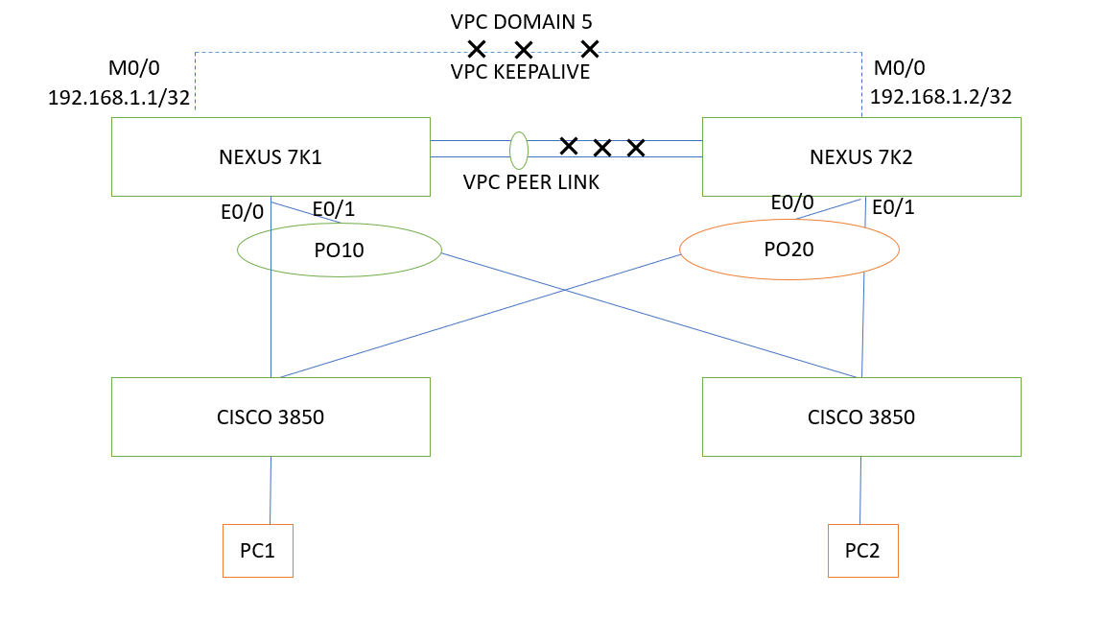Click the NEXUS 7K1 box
pyautogui.click(x=271, y=156)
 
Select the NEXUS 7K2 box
pyautogui.click(x=861, y=156)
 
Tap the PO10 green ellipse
pyautogui.click(x=340, y=250)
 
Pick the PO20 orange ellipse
pyautogui.click(x=788, y=250)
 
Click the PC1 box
pyautogui.click(x=257, y=551)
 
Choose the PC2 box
pyautogui.click(x=863, y=551)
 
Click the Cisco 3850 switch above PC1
pyautogui.click(x=271, y=417)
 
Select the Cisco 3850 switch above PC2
pyautogui.click(x=861, y=417)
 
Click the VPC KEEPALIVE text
pyautogui.click(x=520, y=72)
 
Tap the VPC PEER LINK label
pyautogui.click(x=530, y=182)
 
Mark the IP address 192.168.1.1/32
pyautogui.click(x=119, y=97)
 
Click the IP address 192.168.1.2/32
pyautogui.click(x=940, y=97)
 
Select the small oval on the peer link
pyautogui.click(x=519, y=150)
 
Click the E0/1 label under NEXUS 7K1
pyautogui.click(x=333, y=209)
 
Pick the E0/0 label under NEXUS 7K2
pyautogui.click(x=792, y=202)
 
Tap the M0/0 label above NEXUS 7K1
pyautogui.click(x=134, y=68)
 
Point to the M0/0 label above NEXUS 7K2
pyautogui.click(x=899, y=68)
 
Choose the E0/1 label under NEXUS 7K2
pyautogui.click(x=893, y=207)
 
